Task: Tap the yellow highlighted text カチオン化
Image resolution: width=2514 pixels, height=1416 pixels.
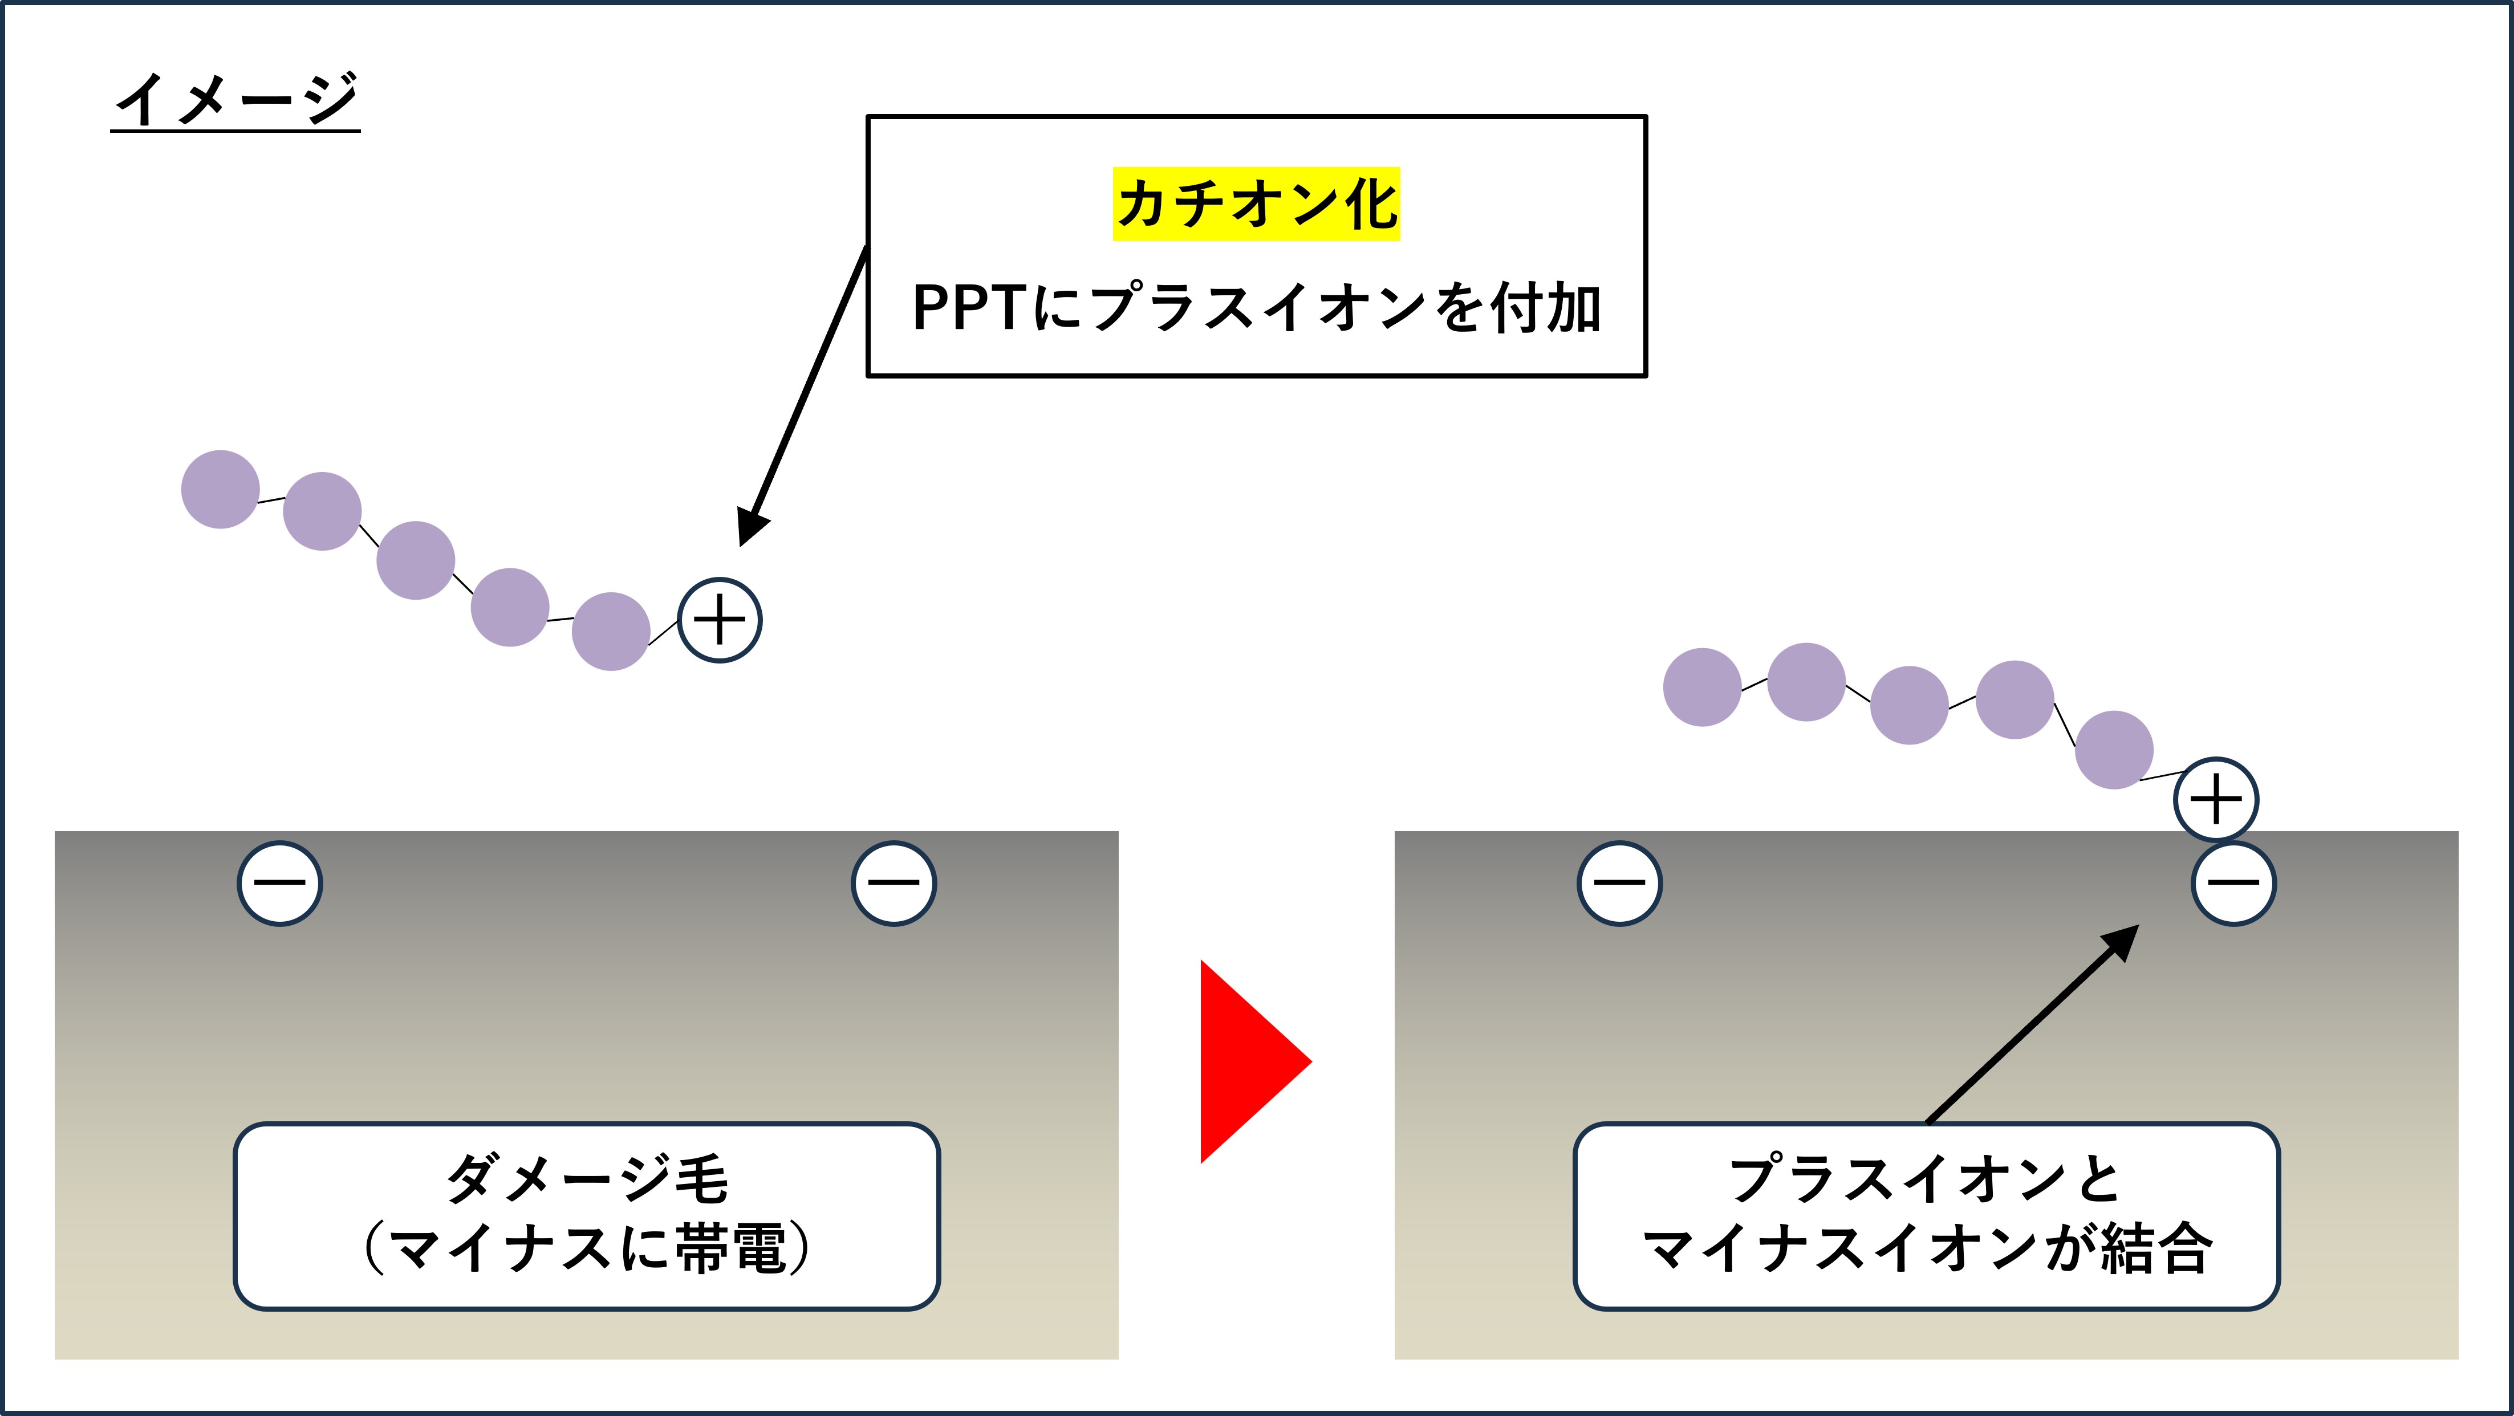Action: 1256,204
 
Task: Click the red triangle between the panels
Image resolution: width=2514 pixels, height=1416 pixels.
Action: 1249,1062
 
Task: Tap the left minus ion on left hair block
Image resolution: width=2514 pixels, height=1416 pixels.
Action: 280,883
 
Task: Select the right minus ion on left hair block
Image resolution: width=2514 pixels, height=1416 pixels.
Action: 894,883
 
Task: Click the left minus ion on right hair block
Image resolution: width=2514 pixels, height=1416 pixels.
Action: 1620,883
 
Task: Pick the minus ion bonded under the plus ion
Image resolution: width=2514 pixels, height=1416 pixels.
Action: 2234,883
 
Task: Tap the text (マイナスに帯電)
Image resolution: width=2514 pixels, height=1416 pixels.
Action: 587,1249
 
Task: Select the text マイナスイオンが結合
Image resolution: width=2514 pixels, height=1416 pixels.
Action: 1926,1249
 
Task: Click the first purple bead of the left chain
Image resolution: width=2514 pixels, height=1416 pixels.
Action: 221,490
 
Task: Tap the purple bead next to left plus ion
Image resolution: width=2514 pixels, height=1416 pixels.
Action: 611,632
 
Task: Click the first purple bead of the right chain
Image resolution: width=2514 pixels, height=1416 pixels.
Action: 1702,687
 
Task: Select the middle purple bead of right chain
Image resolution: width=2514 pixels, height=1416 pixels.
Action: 1910,706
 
